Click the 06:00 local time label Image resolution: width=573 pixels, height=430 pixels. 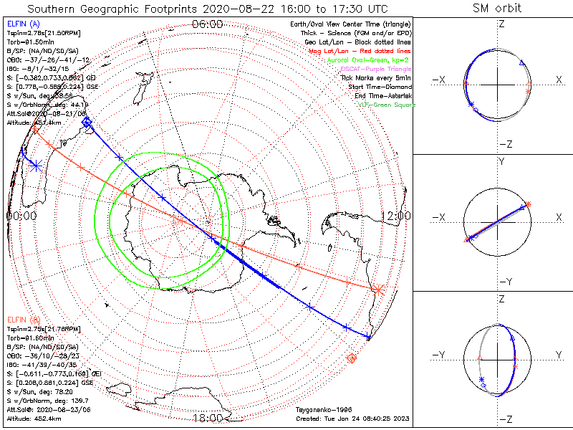pyautogui.click(x=208, y=24)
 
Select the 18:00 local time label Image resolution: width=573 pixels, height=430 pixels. pyautogui.click(x=208, y=418)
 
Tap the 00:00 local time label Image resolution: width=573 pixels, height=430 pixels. pyautogui.click(x=21, y=215)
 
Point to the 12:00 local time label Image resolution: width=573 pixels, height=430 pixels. pyautogui.click(x=395, y=215)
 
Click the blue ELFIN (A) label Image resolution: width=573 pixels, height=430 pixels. pyautogui.click(x=22, y=24)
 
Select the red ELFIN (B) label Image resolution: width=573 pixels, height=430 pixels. pyautogui.click(x=22, y=318)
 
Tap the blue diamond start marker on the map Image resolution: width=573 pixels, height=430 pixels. pyautogui.click(x=87, y=123)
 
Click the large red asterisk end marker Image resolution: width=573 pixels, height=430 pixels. pyautogui.click(x=377, y=290)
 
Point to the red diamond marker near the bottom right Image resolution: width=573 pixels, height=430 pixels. pyautogui.click(x=351, y=358)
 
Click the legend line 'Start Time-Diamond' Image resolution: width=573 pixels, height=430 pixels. pyautogui.click(x=379, y=87)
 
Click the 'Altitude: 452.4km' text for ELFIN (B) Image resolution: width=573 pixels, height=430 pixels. pyautogui.click(x=34, y=417)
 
